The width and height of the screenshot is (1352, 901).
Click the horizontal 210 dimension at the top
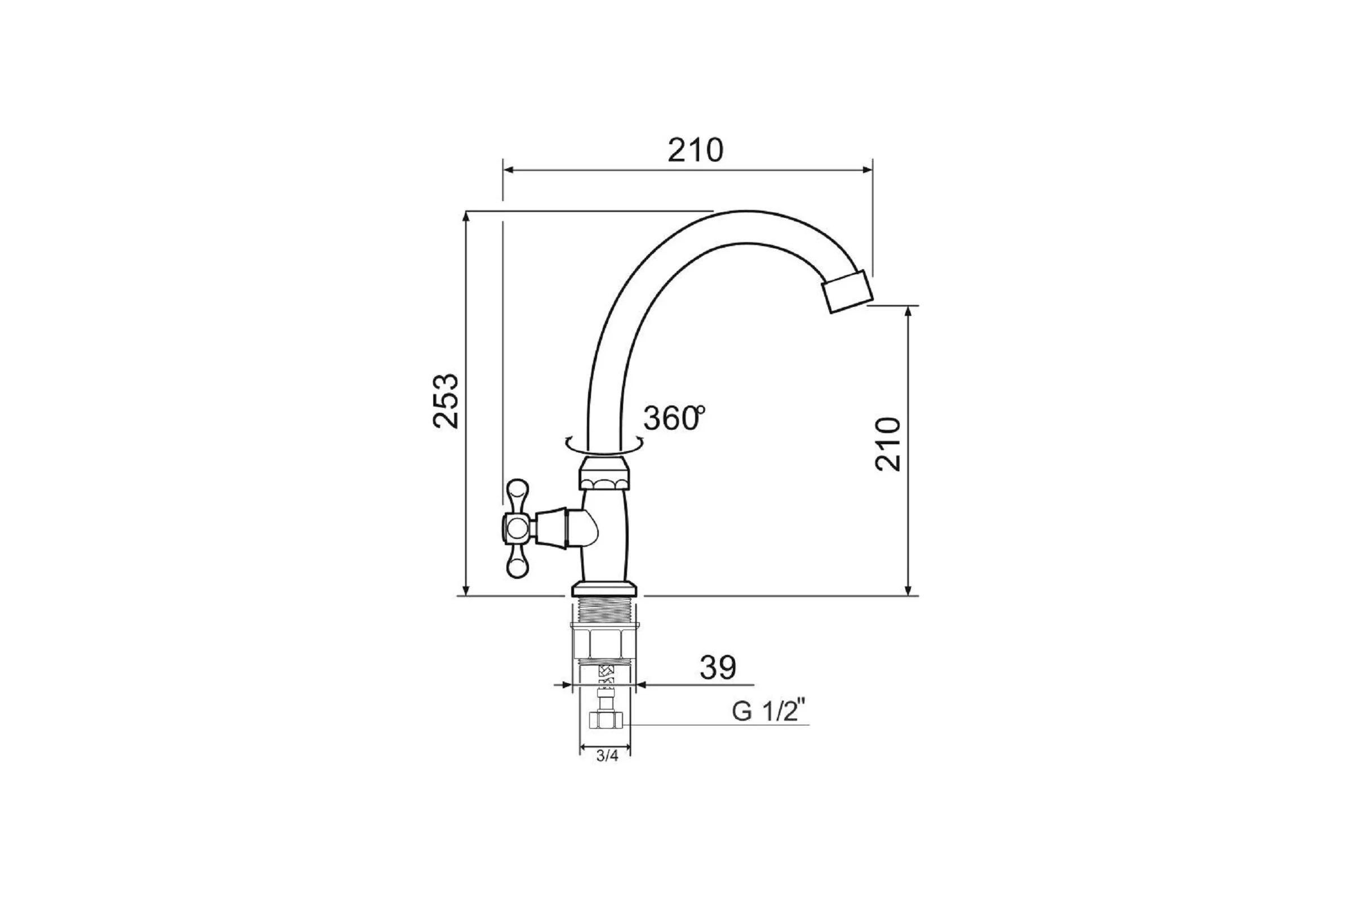pos(695,150)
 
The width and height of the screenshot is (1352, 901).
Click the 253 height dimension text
pos(446,401)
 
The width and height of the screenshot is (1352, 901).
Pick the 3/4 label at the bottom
pos(607,756)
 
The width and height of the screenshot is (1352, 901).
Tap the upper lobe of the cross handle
pos(517,496)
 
